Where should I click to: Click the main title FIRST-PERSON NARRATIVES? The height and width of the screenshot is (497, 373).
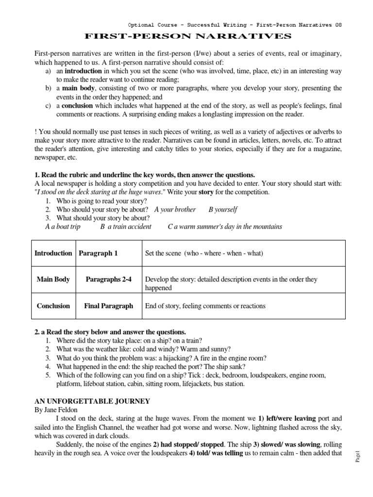pyautogui.click(x=188, y=36)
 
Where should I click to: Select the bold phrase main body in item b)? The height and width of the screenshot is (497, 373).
pyautogui.click(x=79, y=88)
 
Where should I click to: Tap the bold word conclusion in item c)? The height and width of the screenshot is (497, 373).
pyautogui.click(x=80, y=106)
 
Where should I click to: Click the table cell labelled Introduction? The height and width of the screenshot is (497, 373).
pyautogui.click(x=53, y=253)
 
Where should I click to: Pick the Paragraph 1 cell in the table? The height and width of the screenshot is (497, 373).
pyautogui.click(x=99, y=253)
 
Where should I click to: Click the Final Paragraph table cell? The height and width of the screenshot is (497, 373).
pyautogui.click(x=108, y=306)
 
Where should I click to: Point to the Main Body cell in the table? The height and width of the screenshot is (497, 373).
pyautogui.click(x=53, y=279)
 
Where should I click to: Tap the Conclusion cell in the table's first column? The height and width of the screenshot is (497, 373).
pyautogui.click(x=53, y=306)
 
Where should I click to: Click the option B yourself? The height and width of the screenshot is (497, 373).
pyautogui.click(x=223, y=209)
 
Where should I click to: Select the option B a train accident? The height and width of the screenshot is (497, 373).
pyautogui.click(x=126, y=227)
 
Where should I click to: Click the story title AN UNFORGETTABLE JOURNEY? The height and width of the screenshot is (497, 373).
pyautogui.click(x=92, y=401)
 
